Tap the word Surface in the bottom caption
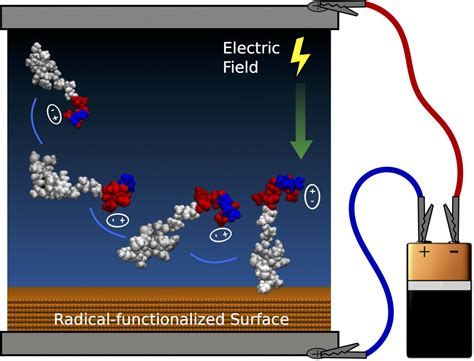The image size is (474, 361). coord(255,320)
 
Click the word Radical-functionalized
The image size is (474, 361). coord(136,320)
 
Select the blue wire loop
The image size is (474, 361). coord(364,260)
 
